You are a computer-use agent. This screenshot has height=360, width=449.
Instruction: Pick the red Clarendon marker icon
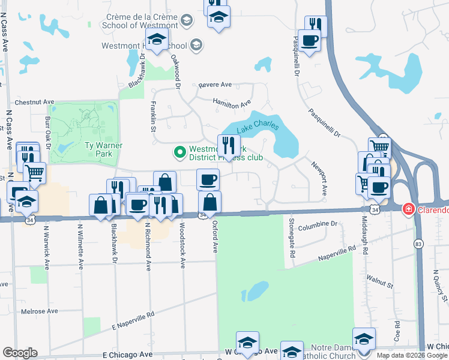point(408,209)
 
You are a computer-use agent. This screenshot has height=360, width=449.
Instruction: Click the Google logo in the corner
point(20,352)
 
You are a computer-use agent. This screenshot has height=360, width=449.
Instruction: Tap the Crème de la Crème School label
point(142,21)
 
